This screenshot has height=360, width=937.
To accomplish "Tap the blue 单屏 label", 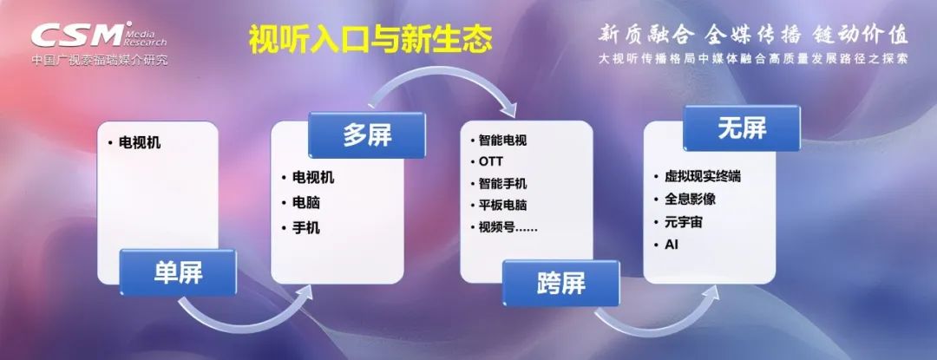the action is (x=178, y=273).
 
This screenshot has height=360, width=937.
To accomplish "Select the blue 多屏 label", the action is (x=367, y=135).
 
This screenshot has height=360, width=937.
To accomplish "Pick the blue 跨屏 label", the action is (x=560, y=284).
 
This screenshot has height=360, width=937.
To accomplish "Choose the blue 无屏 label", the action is (x=742, y=128).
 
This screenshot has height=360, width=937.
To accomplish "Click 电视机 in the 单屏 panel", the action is (x=140, y=143).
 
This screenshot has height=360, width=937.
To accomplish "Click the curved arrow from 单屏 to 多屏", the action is (x=245, y=324).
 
